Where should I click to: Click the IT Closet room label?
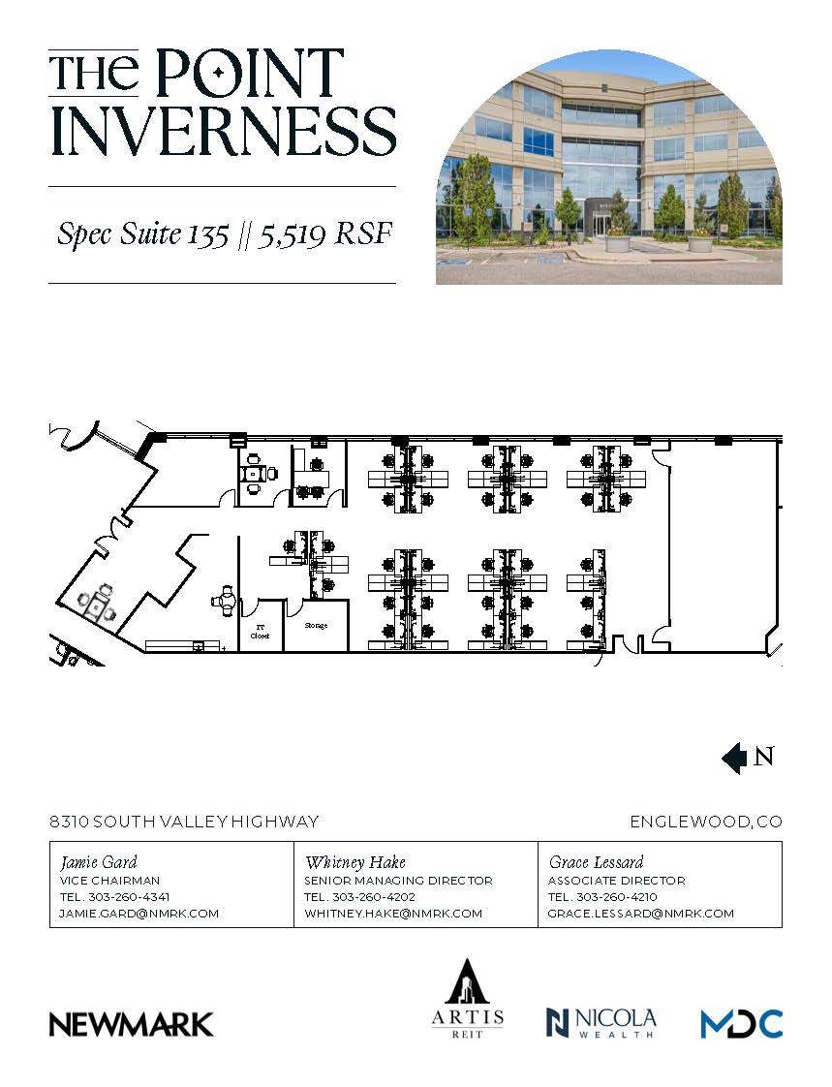[261, 632]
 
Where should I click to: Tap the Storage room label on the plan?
[316, 626]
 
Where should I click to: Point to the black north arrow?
[734, 758]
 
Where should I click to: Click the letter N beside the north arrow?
[763, 757]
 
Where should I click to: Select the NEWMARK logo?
[132, 1024]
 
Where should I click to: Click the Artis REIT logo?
[468, 999]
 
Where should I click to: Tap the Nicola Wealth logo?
[601, 1022]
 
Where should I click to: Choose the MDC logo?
[741, 1023]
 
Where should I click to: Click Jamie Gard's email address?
[139, 914]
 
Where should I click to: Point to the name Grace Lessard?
[596, 861]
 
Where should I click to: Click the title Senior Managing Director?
[398, 881]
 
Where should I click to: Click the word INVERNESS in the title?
[223, 131]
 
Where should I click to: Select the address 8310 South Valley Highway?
[184, 822]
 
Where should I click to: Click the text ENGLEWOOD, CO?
[706, 822]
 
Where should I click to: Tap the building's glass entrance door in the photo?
[601, 224]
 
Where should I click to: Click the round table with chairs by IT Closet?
[226, 602]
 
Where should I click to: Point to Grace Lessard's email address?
[640, 914]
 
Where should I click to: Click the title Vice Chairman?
[109, 881]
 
